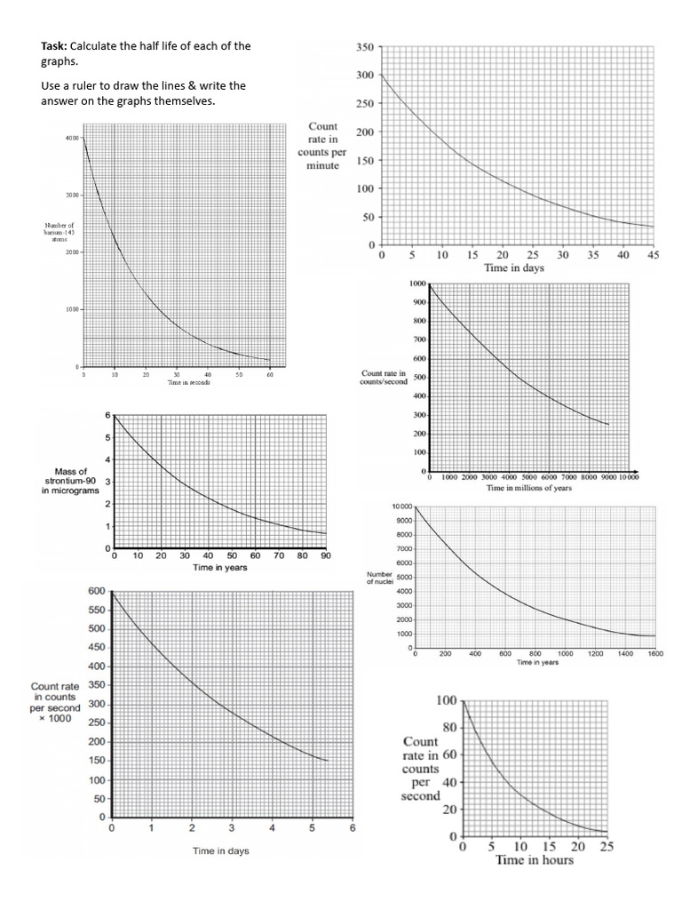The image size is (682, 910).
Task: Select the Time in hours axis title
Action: [x=534, y=860]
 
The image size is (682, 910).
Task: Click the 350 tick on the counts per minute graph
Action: [x=365, y=46]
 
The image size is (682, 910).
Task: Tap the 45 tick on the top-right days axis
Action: [x=653, y=255]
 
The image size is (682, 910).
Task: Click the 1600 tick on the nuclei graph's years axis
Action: [x=655, y=653]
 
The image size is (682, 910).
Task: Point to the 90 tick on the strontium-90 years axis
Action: [x=326, y=555]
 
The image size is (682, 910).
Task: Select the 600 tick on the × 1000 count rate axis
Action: [x=97, y=591]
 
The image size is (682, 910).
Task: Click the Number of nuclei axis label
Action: [x=380, y=579]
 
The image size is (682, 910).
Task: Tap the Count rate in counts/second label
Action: [x=384, y=377]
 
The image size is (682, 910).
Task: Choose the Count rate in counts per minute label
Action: [x=322, y=146]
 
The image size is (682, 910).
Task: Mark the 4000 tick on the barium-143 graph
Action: [x=72, y=138]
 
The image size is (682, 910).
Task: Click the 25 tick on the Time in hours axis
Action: [x=607, y=847]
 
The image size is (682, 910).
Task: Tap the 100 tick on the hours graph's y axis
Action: [x=446, y=701]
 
